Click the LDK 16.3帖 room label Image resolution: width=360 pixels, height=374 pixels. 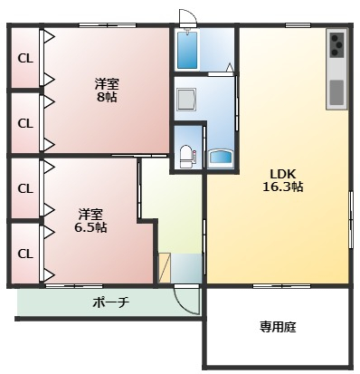click(283, 180)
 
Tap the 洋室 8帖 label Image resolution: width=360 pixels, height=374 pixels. click(107, 91)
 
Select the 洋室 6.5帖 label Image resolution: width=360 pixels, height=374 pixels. click(90, 221)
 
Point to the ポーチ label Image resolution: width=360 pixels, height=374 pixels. click(111, 302)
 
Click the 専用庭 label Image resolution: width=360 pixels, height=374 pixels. click(278, 326)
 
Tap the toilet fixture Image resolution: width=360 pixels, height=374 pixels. click(186, 157)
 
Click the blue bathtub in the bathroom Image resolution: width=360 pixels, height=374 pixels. click(187, 50)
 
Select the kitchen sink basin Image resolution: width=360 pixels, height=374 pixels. click(336, 92)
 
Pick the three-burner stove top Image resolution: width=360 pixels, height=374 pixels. click(336, 44)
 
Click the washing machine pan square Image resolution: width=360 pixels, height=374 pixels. click(186, 100)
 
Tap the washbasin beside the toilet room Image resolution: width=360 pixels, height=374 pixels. click(221, 158)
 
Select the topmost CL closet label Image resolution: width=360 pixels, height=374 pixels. click(25, 59)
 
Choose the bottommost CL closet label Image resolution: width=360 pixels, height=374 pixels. click(25, 254)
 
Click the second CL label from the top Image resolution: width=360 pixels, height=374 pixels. click(25, 123)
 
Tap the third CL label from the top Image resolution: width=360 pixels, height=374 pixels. click(25, 188)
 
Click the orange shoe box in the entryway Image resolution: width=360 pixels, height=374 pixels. click(165, 268)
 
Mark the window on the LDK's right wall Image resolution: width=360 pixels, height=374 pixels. click(351, 220)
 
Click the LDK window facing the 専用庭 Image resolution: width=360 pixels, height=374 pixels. click(281, 285)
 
